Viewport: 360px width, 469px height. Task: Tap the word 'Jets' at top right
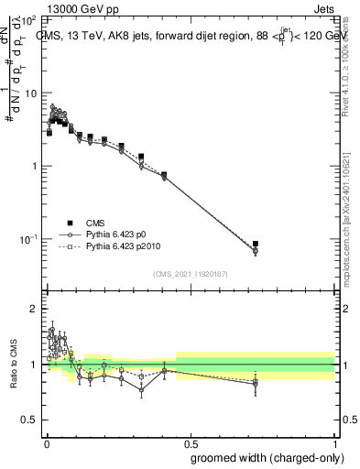[x=325, y=7]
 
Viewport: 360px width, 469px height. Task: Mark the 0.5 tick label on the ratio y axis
[x=30, y=420]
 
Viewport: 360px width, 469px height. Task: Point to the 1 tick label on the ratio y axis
[x=34, y=365]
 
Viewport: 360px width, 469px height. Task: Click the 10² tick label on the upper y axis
[x=29, y=20]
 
